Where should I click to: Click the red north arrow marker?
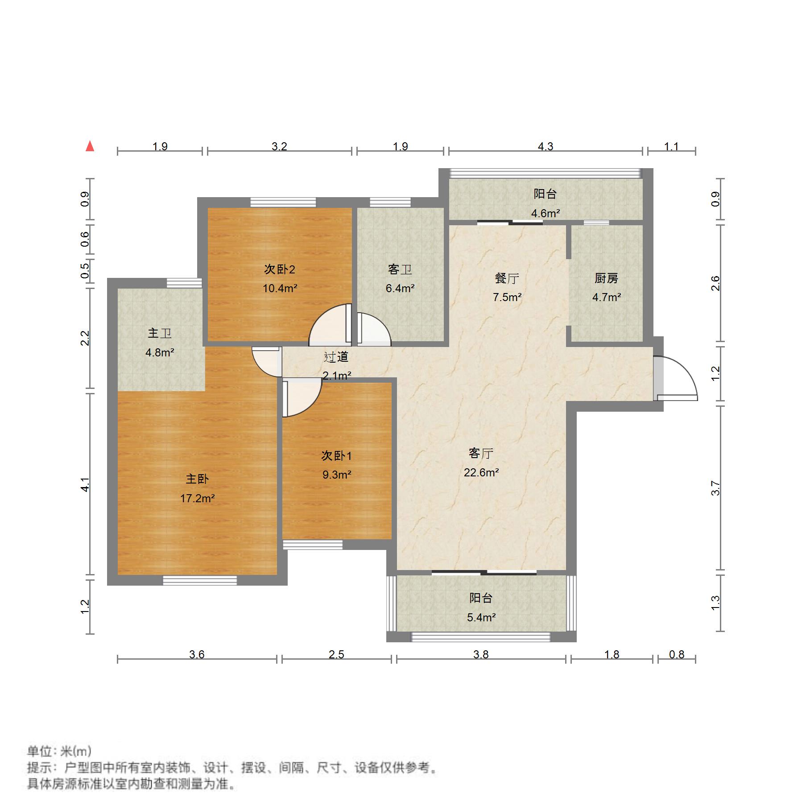pos(90,146)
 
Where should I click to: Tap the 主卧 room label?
pos(197,479)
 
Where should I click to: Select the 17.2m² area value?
pos(197,498)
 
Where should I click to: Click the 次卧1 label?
pos(337,456)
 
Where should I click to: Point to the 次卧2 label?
pos(280,269)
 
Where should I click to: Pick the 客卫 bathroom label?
pos(400,269)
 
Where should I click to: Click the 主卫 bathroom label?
pos(160,333)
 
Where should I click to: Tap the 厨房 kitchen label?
pos(606,278)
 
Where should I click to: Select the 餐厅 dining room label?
pos(507,278)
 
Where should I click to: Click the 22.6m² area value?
pos(481,472)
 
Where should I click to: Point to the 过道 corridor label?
pos(336,357)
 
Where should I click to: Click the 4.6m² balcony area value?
pos(546,213)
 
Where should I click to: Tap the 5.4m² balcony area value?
pos(481,617)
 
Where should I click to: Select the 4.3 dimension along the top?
pos(546,146)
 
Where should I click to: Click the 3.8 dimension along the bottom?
pos(481,654)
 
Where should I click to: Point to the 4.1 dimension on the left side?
pos(85,484)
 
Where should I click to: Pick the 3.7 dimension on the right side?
pos(715,488)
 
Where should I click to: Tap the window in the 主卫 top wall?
pos(184,283)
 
